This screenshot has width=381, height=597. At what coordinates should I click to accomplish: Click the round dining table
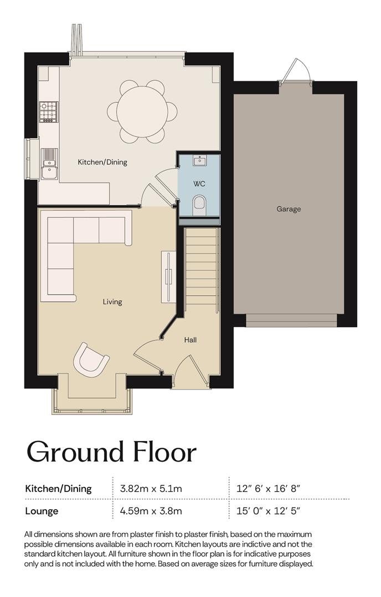pos(142,112)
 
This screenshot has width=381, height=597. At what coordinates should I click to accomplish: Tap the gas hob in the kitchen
pos(49,112)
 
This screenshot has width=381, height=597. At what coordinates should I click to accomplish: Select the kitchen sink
pos(49,164)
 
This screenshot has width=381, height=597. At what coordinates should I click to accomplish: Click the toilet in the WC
pos(199,203)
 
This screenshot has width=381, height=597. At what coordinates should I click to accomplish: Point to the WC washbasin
pos(199,161)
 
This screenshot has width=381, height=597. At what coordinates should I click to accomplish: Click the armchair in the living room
pos(91,359)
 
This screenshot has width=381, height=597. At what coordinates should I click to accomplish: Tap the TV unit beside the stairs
pos(168,277)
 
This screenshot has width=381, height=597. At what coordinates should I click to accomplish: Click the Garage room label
pos(289,208)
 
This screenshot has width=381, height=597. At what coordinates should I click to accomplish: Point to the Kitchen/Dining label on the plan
pos(102,162)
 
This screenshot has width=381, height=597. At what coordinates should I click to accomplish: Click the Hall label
pos(190,339)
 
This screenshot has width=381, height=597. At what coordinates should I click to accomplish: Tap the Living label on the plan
pos(112,302)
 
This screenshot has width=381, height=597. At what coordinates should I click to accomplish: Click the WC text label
pos(199,184)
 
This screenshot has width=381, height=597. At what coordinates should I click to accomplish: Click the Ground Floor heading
pos(111,452)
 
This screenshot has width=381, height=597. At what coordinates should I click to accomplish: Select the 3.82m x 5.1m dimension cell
pos(151,488)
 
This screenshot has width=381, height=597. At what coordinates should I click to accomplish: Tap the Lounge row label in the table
pos(42,511)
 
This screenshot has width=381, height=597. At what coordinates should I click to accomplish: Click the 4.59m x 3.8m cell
pos(151,511)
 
